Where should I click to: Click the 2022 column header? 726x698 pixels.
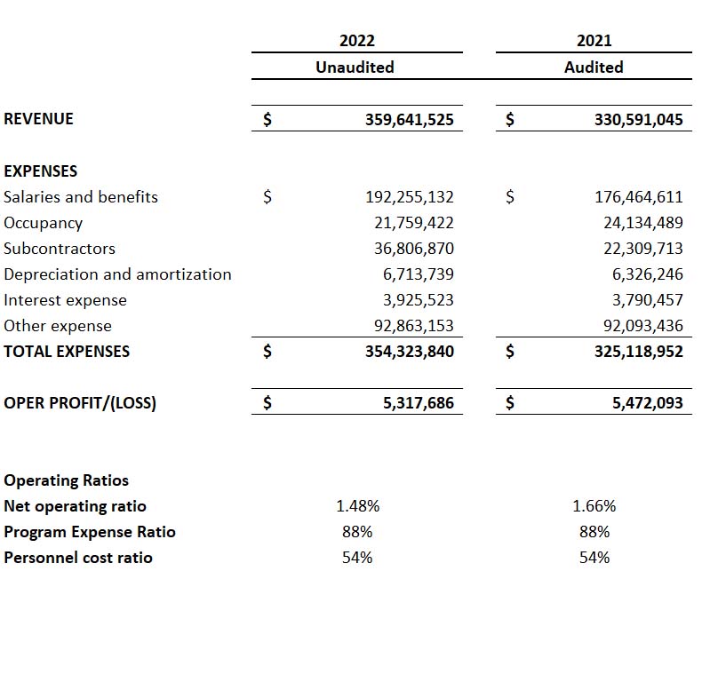click(x=357, y=41)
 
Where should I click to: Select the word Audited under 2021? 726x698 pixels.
click(x=594, y=67)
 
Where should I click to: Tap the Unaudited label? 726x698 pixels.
click(x=355, y=67)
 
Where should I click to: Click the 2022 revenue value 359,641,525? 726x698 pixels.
click(x=410, y=119)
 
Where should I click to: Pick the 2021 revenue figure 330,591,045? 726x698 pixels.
click(x=639, y=119)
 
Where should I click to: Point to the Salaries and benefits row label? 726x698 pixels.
click(x=81, y=197)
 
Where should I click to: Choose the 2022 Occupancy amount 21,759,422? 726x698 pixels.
click(x=413, y=223)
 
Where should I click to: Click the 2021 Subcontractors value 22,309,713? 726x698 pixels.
click(x=642, y=249)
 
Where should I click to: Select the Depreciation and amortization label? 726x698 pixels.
click(x=117, y=274)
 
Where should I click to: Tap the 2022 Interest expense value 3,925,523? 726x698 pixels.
click(x=418, y=300)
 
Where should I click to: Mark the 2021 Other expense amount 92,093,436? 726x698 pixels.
click(x=642, y=326)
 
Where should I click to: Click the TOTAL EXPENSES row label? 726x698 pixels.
click(x=67, y=352)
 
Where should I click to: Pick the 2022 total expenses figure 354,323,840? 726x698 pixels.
click(x=410, y=352)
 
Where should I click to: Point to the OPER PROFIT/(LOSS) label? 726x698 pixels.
click(x=80, y=403)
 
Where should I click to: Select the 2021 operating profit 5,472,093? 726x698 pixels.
click(x=648, y=403)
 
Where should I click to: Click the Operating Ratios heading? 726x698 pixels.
click(x=67, y=480)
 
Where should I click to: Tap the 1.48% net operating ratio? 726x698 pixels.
click(x=357, y=506)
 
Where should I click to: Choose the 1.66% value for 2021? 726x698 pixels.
click(x=594, y=506)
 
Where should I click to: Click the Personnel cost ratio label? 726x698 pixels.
click(x=78, y=558)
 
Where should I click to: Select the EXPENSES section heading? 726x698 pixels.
click(x=41, y=171)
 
